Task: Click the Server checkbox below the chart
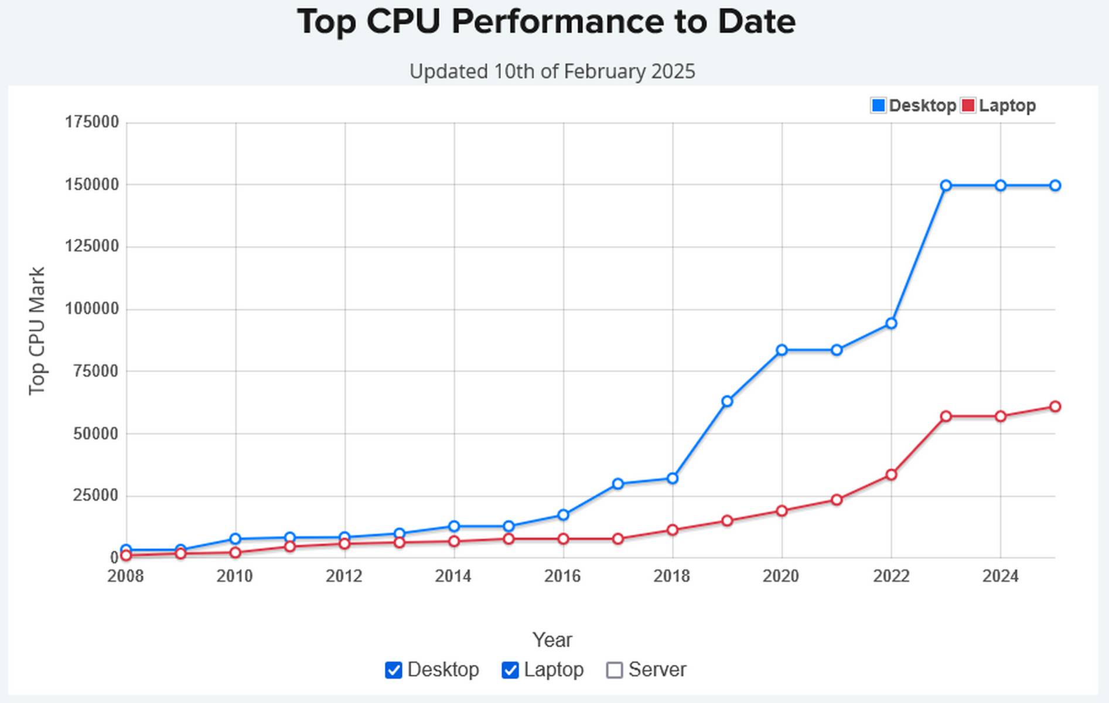click(614, 670)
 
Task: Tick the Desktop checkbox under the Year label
click(394, 670)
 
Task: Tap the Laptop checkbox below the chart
click(510, 670)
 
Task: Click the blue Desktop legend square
click(878, 105)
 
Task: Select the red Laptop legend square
click(968, 105)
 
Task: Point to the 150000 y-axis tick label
click(92, 185)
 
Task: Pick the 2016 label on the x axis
click(562, 576)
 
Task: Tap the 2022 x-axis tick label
click(891, 576)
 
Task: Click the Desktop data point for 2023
click(946, 186)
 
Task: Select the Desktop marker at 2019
click(727, 401)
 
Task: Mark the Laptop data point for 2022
click(891, 475)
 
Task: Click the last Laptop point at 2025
click(1055, 407)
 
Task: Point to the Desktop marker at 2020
click(782, 350)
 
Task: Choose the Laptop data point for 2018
click(673, 530)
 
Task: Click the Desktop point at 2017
click(618, 484)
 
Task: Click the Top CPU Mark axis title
click(37, 331)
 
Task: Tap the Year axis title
click(552, 640)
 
